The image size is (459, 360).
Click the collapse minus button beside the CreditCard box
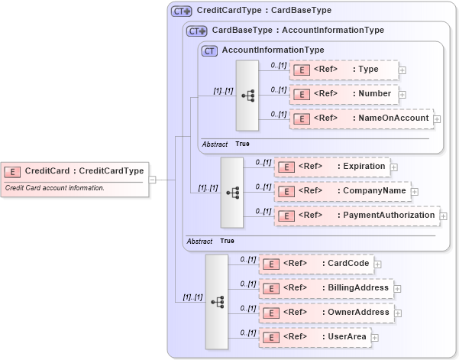[x=152, y=180]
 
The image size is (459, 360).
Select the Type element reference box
[x=344, y=70]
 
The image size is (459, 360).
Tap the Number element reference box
[x=344, y=94]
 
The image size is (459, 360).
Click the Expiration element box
[x=331, y=166]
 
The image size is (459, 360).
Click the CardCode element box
[x=315, y=264]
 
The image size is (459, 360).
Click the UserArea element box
[x=314, y=337]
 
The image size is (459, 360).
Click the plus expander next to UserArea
[x=375, y=337]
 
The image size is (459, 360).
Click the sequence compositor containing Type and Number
[x=247, y=96]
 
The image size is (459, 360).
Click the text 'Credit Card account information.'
[x=55, y=188]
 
